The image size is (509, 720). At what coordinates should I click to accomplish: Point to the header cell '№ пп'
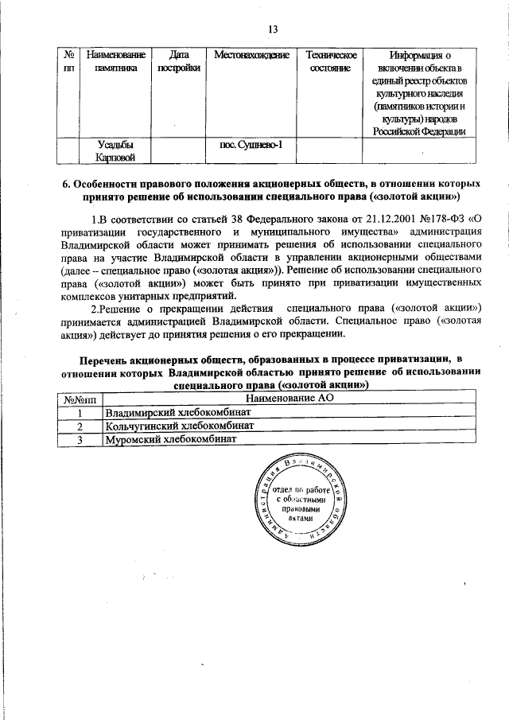68,61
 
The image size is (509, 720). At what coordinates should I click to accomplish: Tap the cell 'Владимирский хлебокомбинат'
179,413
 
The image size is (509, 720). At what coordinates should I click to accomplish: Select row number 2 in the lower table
80,426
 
